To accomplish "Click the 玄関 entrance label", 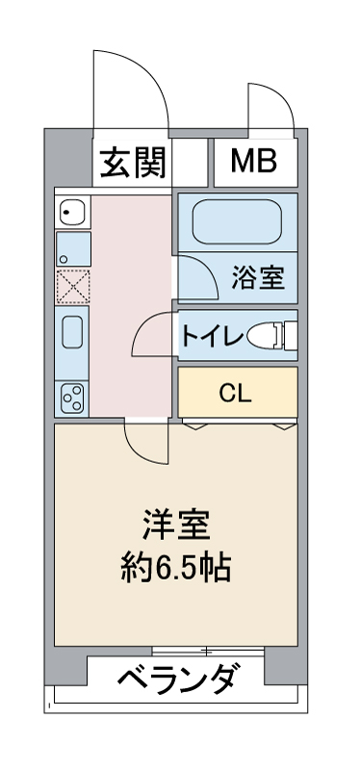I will point(134,162).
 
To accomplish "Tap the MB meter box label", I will point(253,162).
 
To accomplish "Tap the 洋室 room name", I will point(175,527).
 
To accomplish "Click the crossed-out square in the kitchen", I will point(72,286).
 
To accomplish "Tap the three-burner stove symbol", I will point(72,396).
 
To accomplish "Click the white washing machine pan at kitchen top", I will point(72,210).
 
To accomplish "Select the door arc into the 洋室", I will point(146,442).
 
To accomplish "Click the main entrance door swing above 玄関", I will point(130,82).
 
